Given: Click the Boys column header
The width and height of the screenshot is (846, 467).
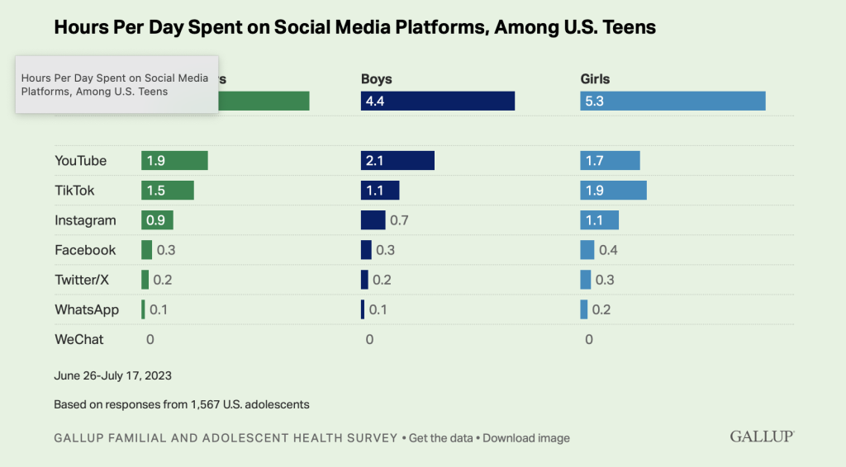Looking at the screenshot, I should pyautogui.click(x=376, y=79).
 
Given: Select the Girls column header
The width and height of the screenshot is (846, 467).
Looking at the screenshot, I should pyautogui.click(x=595, y=79).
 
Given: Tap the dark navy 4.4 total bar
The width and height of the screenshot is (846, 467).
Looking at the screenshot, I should pyautogui.click(x=437, y=101).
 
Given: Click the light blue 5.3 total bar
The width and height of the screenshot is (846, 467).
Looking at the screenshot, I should pyautogui.click(x=673, y=101).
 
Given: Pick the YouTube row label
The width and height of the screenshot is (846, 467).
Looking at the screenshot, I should pyautogui.click(x=80, y=161).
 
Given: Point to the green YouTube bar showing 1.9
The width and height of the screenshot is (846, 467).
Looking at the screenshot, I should pyautogui.click(x=174, y=161).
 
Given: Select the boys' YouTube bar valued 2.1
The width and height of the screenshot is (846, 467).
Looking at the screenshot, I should pyautogui.click(x=397, y=161).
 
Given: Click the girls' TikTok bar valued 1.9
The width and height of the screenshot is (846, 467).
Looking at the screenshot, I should pyautogui.click(x=613, y=191).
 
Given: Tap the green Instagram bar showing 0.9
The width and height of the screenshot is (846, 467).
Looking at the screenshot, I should pyautogui.click(x=157, y=220).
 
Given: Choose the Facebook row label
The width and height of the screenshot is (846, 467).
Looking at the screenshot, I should pyautogui.click(x=85, y=250).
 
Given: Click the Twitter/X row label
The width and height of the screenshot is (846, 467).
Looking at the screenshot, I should pyautogui.click(x=82, y=280).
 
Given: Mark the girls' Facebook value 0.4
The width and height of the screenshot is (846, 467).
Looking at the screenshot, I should pyautogui.click(x=608, y=250).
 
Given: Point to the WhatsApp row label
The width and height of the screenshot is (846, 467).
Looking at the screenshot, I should pyautogui.click(x=87, y=309).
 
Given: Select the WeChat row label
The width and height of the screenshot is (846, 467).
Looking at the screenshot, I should pyautogui.click(x=79, y=339).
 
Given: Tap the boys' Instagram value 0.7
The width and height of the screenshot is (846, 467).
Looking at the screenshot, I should pyautogui.click(x=400, y=220).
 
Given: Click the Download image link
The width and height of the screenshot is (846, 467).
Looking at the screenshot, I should pyautogui.click(x=526, y=438).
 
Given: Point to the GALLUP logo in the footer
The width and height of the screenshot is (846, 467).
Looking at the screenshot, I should pyautogui.click(x=762, y=436).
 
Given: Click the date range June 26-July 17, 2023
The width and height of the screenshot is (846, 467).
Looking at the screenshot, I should pyautogui.click(x=112, y=375).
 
